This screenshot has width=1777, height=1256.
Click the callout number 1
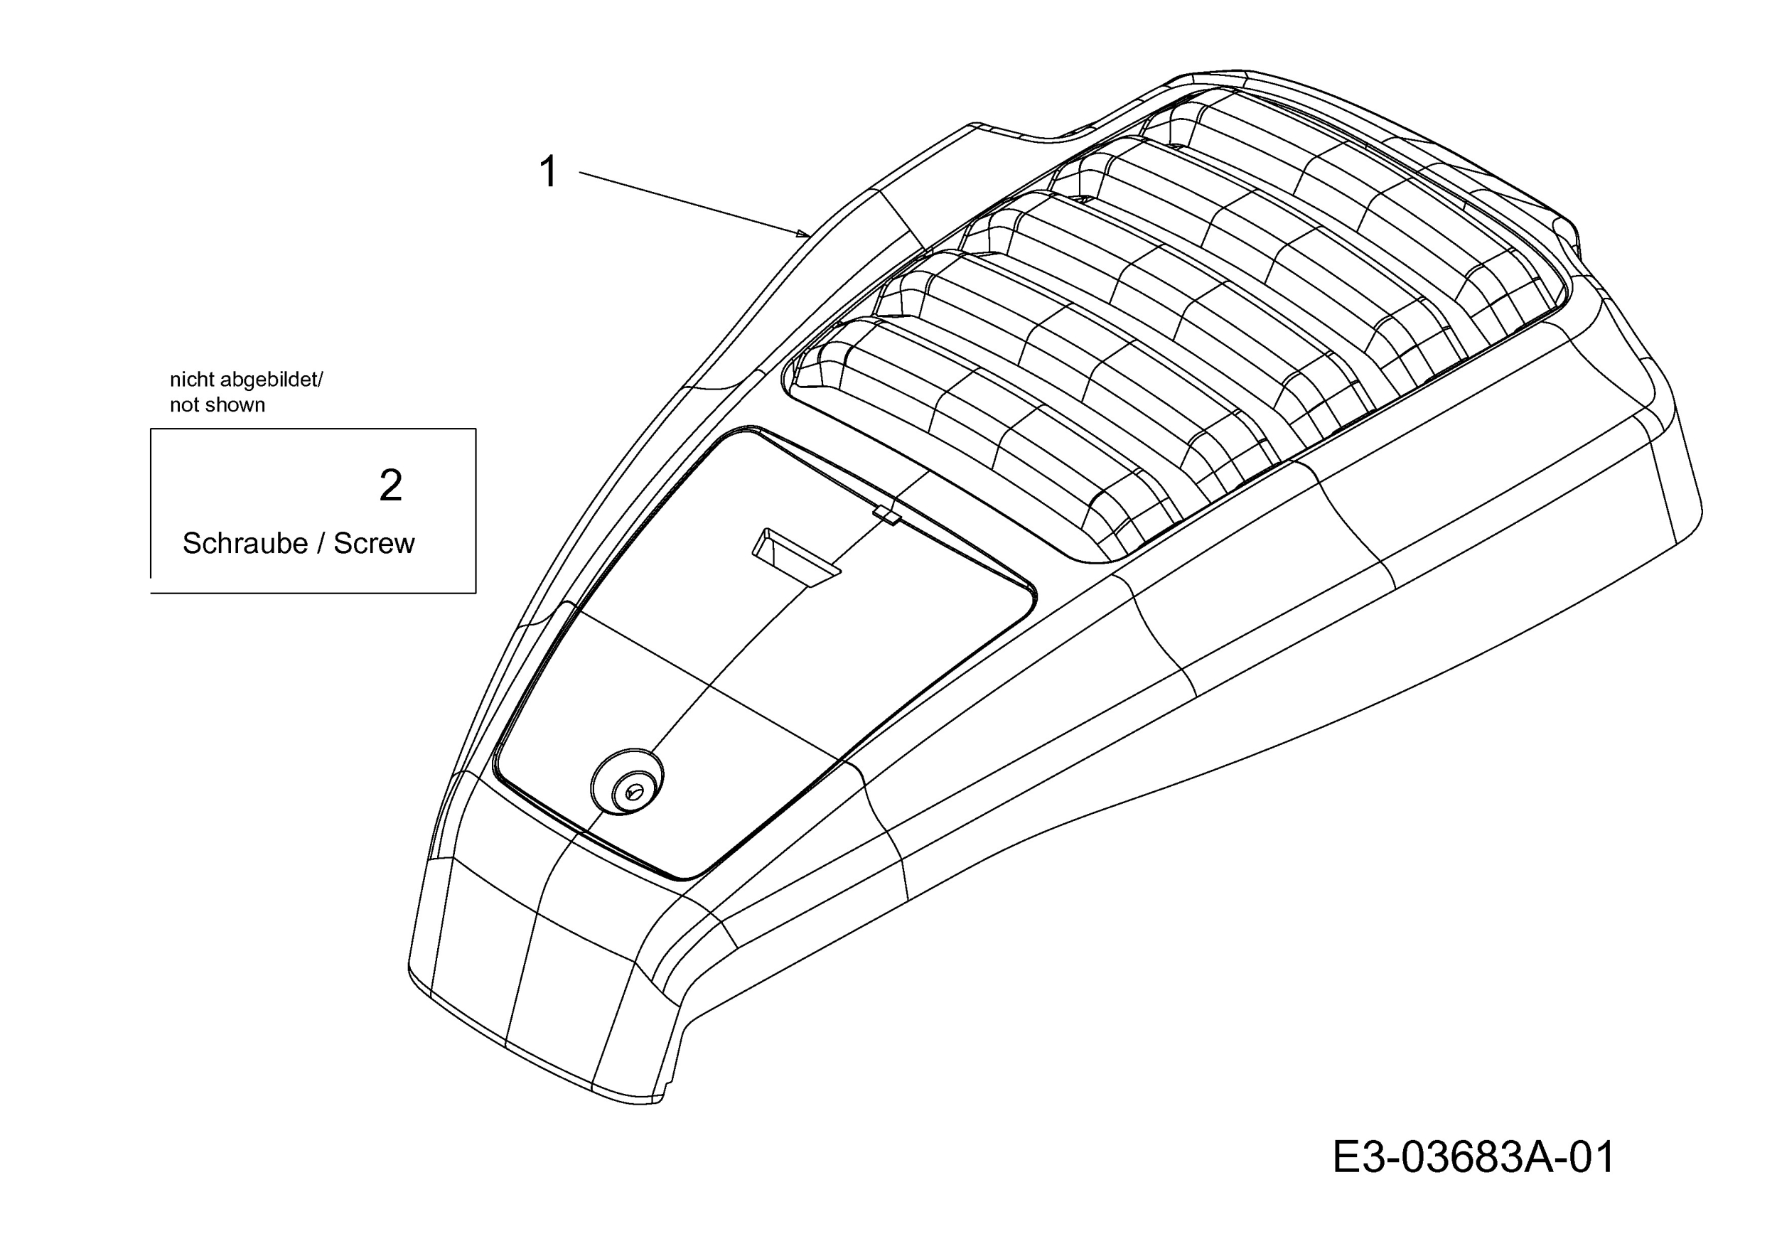[x=549, y=171]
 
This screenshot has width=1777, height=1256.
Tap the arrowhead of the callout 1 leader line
[x=804, y=233]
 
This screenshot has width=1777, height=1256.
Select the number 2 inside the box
[x=391, y=486]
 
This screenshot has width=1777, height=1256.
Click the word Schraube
[x=245, y=543]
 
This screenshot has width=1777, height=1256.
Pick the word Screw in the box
[x=374, y=543]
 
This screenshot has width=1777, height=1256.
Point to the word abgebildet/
[x=272, y=380]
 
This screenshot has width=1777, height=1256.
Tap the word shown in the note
[x=235, y=404]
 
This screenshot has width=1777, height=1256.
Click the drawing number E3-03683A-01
[x=1473, y=1157]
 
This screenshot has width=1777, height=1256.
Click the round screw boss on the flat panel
[x=627, y=781]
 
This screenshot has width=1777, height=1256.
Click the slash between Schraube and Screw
[x=321, y=543]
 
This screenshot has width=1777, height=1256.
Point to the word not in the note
[x=185, y=404]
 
